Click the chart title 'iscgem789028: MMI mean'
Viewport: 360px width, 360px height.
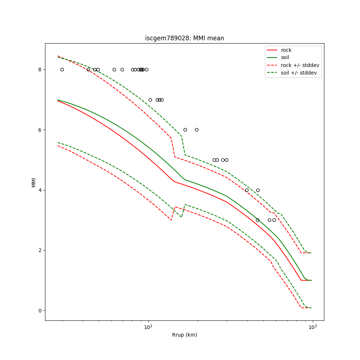(184, 38)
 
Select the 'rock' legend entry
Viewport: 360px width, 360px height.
(286, 50)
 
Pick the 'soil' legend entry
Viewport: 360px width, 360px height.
(285, 57)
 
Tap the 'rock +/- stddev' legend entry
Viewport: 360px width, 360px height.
(300, 65)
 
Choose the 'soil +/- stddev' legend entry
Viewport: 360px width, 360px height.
(300, 72)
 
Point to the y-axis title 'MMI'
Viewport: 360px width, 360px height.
(34, 182)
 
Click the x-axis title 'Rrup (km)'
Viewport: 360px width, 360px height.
(184, 335)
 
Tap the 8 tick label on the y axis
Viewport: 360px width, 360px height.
(40, 69)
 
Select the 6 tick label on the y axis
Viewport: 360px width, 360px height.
(40, 130)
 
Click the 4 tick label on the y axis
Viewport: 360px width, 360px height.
(40, 190)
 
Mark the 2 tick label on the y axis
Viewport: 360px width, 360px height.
(40, 250)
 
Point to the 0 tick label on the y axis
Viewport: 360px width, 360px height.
(40, 311)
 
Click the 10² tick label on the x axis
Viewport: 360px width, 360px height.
(148, 327)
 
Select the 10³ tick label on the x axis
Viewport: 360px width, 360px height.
(312, 327)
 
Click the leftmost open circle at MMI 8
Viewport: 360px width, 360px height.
(62, 69)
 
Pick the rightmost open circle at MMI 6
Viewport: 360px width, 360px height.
(197, 130)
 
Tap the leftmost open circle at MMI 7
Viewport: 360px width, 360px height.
(150, 100)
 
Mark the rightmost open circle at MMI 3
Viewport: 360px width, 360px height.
(274, 220)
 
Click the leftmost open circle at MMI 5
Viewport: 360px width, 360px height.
(214, 160)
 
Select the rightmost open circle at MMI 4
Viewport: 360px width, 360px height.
(258, 190)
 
